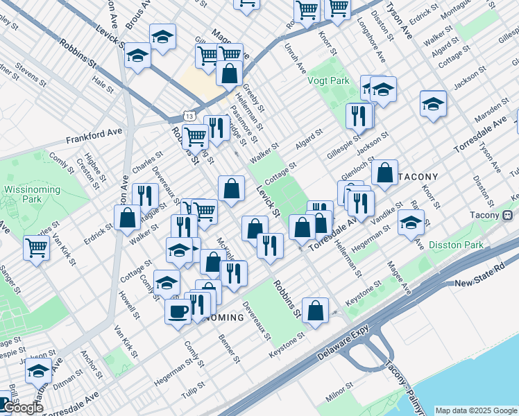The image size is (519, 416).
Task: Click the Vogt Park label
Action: pos(329,80)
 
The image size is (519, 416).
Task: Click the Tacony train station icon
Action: pos(508,215)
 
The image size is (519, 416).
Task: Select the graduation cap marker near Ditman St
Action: pos(39,371)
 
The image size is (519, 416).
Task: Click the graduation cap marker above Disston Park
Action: pos(411,222)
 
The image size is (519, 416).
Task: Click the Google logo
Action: pos(22,408)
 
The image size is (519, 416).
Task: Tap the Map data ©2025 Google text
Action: pos(475,410)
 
